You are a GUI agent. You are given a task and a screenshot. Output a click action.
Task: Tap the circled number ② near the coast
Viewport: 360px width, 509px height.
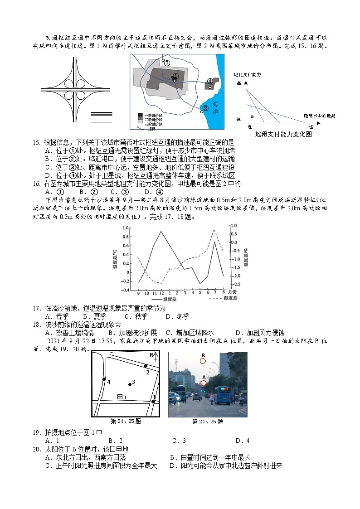(x=205, y=108)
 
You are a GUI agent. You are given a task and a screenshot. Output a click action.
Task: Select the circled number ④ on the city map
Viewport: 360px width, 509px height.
(x=210, y=82)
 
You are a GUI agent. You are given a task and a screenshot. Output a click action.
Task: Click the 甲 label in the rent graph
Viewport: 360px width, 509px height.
(x=252, y=117)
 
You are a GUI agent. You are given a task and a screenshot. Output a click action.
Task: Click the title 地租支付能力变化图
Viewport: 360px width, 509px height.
(x=283, y=134)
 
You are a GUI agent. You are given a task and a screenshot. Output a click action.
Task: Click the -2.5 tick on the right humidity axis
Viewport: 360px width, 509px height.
(x=236, y=285)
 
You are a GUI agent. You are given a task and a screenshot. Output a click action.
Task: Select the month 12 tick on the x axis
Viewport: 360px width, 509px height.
(x=162, y=293)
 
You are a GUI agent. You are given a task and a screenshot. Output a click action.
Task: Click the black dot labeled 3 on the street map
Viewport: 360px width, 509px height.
(x=130, y=384)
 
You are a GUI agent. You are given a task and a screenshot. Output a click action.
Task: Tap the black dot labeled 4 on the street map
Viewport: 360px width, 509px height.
(x=104, y=379)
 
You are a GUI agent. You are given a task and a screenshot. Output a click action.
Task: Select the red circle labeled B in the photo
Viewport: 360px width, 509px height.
(x=203, y=361)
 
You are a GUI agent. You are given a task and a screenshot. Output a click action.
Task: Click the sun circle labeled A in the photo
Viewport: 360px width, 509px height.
(x=204, y=383)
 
